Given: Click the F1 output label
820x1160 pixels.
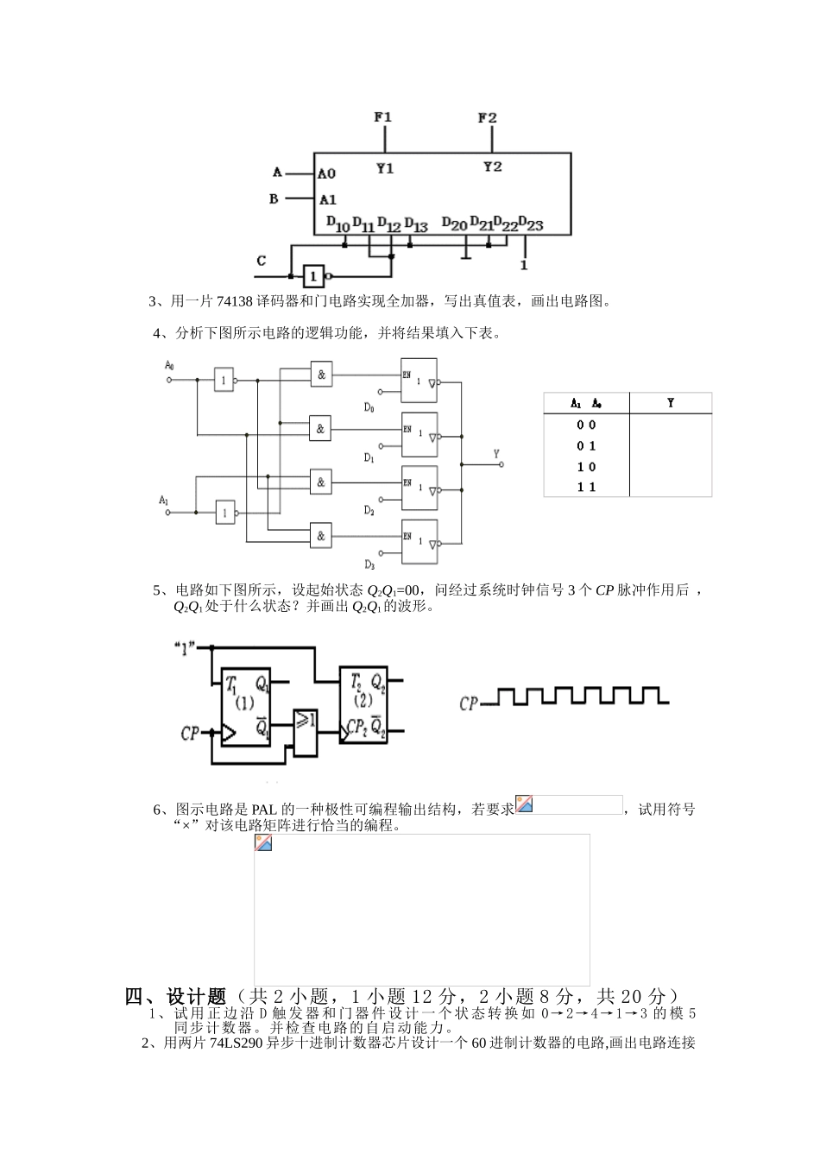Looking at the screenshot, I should click(x=384, y=117).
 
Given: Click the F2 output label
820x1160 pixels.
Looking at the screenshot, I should click(x=488, y=117).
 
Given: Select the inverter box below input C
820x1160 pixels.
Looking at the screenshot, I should click(x=314, y=276).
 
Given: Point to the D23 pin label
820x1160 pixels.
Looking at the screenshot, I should click(x=531, y=224).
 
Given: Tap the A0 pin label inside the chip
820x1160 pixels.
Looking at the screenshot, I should click(x=326, y=173).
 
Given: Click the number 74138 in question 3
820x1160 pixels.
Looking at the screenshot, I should click(x=235, y=302).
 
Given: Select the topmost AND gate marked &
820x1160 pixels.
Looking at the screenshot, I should click(x=321, y=374).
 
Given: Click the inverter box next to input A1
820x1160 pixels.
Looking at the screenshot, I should click(x=225, y=513).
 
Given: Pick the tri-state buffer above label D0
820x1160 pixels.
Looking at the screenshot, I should click(x=419, y=380).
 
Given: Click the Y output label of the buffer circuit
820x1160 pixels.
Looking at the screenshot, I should click(x=495, y=453).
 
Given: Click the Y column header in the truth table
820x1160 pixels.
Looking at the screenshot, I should click(x=671, y=403).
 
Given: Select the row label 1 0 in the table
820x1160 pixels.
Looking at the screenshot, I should click(x=587, y=467).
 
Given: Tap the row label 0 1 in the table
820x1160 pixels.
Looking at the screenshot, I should click(x=587, y=446).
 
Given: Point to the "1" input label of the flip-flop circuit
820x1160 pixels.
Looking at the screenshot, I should click(x=185, y=647).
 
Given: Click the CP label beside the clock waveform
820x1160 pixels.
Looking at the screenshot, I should click(x=469, y=703).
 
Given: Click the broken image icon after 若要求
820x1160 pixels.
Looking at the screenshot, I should click(x=524, y=804).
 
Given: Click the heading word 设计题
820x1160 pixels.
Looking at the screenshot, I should click(x=196, y=997).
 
